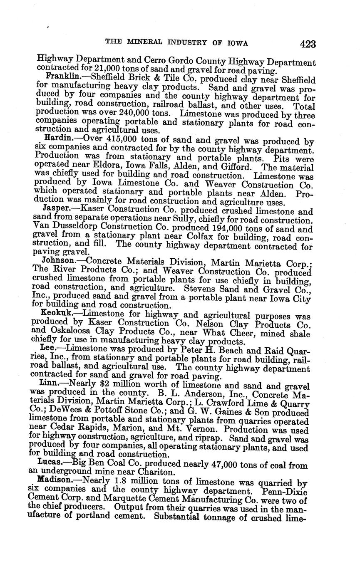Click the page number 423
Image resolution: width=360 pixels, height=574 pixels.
pyautogui.click(x=307, y=44)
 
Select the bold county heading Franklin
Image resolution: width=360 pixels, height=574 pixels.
pyautogui.click(x=62, y=77)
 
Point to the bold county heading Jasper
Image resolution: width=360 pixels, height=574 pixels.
pyautogui.click(x=57, y=208)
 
